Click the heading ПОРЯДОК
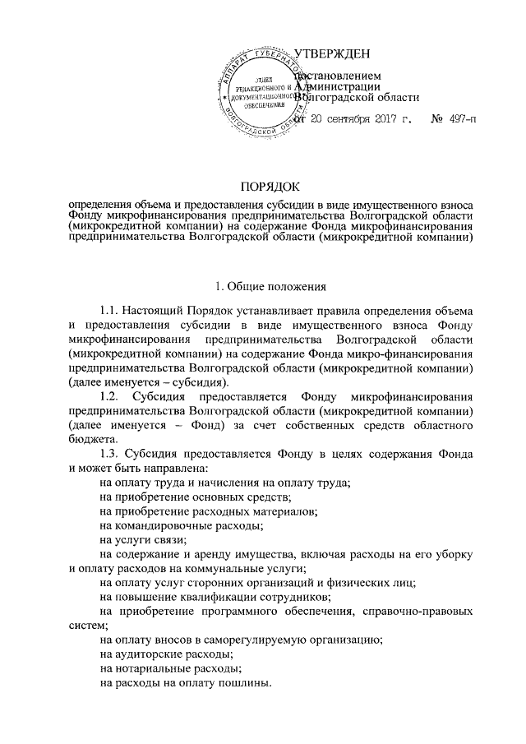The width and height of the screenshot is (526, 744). [x=270, y=187]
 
